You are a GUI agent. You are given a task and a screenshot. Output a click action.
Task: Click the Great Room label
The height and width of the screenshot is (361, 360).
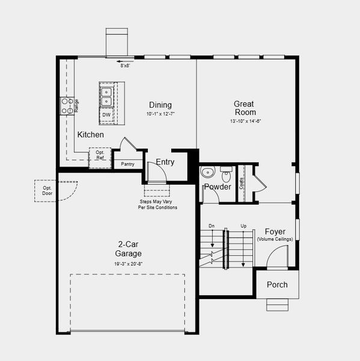tap(245, 108)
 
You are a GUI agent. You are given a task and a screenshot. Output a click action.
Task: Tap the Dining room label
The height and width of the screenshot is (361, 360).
tap(160, 105)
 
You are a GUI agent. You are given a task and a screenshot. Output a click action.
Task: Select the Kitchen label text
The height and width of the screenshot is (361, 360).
tap(90, 135)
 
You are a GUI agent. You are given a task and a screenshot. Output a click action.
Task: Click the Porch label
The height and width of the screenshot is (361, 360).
tap(276, 285)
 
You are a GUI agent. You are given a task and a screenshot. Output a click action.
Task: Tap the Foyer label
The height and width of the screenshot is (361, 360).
tap(275, 232)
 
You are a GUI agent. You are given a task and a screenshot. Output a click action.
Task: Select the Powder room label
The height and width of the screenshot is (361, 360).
tap(217, 187)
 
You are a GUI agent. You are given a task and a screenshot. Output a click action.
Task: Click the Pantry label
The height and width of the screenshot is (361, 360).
tap(127, 164)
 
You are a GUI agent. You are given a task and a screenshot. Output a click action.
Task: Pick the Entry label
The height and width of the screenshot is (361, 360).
tap(165, 162)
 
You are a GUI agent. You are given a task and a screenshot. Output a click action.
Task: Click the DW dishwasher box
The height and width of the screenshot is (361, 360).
tap(106, 114)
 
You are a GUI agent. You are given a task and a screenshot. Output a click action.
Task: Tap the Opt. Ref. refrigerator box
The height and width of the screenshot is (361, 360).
tap(100, 156)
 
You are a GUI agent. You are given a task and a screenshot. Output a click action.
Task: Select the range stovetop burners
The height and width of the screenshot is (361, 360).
tap(66, 106)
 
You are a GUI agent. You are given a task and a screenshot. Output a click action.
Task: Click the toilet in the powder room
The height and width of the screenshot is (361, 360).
tap(227, 174)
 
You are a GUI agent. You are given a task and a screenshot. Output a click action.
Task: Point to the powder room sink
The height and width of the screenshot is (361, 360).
tap(208, 173)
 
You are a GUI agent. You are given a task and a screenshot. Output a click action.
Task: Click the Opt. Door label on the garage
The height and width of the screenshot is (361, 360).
tap(47, 191)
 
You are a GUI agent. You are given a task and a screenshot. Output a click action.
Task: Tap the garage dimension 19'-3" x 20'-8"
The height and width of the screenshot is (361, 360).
tap(129, 264)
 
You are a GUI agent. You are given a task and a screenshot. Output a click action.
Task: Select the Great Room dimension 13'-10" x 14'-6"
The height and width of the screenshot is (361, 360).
tap(245, 122)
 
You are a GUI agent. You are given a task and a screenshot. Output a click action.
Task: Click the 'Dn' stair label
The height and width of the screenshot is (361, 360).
tap(212, 226)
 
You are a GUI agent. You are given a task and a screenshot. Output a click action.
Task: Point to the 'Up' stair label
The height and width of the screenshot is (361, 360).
tap(243, 226)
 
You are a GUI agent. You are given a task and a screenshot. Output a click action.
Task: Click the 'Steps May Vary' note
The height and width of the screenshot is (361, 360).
tap(158, 205)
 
